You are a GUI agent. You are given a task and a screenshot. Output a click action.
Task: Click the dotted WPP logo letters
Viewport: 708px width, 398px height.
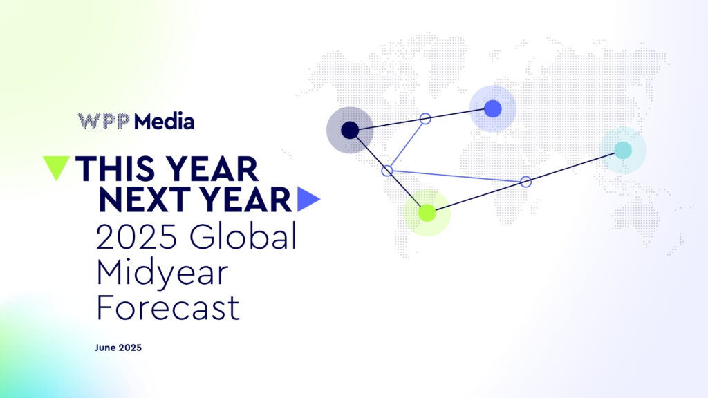click(104, 122)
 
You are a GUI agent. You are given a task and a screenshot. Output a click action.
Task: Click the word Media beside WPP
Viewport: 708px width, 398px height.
click(165, 122)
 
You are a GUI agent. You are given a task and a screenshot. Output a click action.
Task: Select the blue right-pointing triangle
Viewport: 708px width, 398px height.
click(308, 199)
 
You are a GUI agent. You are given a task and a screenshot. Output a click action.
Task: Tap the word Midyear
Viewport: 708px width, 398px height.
click(161, 274)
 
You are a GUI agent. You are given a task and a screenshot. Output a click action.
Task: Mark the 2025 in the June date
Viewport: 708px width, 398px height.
click(131, 348)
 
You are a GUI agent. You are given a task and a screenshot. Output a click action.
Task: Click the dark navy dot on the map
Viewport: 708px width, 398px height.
click(350, 130)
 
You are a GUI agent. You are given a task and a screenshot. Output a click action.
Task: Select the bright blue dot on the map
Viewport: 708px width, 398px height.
click(492, 108)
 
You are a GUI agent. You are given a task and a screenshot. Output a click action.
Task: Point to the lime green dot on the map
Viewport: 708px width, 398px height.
click(427, 212)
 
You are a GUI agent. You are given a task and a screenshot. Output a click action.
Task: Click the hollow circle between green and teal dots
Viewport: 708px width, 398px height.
click(525, 182)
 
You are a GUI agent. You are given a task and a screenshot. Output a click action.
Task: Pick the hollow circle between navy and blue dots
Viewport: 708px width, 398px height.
click(425, 118)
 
